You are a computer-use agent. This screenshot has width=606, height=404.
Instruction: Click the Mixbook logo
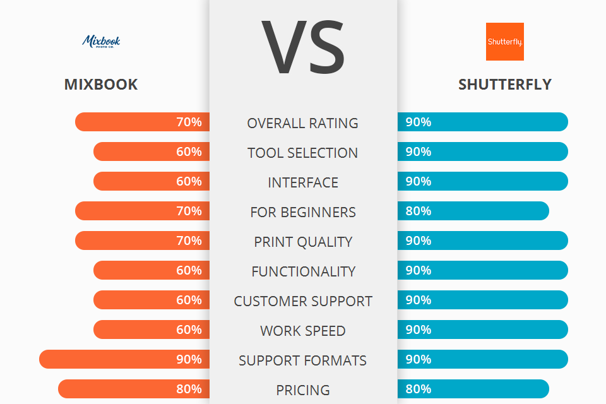[101, 42]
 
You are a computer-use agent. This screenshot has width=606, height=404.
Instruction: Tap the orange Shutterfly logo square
[504, 42]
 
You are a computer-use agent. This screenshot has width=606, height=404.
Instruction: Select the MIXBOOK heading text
[101, 85]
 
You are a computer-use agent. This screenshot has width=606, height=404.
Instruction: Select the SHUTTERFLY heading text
[504, 85]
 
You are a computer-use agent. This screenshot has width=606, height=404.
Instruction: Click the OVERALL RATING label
[303, 123]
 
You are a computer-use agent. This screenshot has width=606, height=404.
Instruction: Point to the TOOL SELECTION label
[303, 153]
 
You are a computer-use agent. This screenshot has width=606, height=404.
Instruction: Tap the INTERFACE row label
[303, 182]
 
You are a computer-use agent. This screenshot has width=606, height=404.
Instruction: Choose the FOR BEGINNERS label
[303, 212]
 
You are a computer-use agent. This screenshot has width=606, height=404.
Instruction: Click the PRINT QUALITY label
[303, 242]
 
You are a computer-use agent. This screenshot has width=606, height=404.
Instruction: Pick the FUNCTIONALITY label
[303, 271]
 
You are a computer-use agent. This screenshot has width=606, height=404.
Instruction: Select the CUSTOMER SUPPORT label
[303, 301]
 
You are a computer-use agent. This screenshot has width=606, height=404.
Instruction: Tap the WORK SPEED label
[303, 331]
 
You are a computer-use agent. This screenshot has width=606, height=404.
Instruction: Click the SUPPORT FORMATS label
[303, 360]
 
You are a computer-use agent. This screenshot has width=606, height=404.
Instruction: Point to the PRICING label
[303, 390]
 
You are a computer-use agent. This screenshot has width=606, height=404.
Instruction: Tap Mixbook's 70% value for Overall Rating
[189, 122]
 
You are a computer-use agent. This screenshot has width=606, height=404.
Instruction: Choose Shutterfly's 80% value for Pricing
[419, 389]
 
